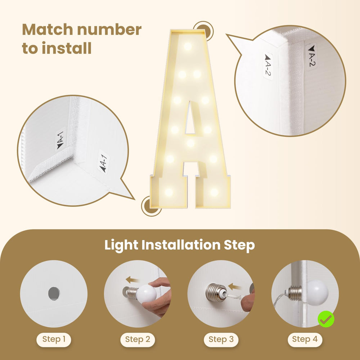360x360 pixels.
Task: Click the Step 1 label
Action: (54, 339)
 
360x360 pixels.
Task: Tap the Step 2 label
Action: (138, 339)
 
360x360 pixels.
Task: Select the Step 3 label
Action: (221, 339)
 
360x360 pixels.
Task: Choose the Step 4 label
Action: (305, 339)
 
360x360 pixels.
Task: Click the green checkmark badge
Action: (326, 319)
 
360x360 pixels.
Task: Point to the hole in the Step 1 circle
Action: (54, 294)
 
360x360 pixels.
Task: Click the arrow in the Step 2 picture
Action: (132, 280)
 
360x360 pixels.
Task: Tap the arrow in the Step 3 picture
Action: (235, 287)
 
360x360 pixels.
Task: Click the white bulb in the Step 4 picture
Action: (318, 293)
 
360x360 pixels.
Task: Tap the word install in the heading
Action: (67, 48)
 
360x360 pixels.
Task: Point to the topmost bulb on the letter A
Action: (188, 46)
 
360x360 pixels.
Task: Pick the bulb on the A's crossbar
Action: (190, 143)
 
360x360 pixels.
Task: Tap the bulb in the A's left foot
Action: (169, 192)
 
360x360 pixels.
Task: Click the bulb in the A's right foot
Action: (214, 192)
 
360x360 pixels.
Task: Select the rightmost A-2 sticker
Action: (311, 56)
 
